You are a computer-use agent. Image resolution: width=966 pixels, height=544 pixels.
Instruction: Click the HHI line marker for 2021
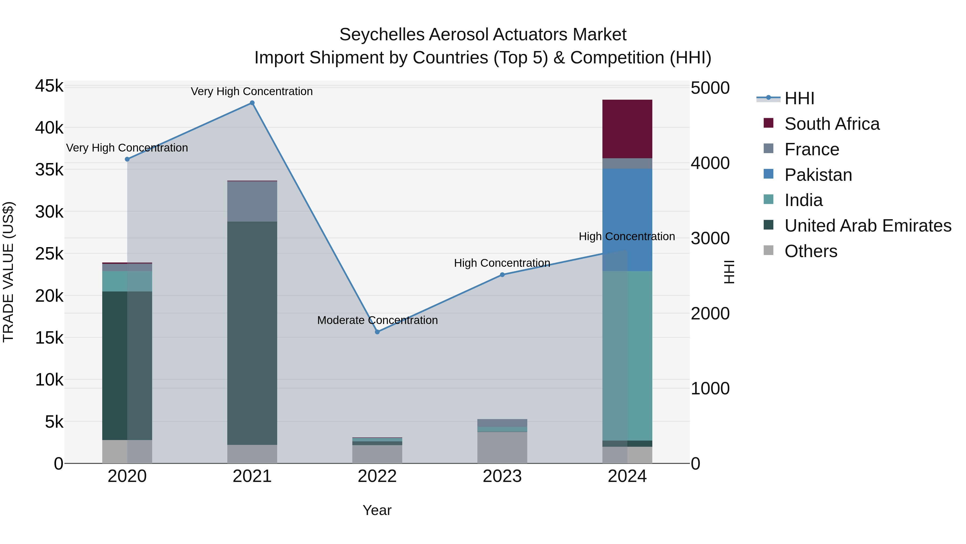tap(252, 103)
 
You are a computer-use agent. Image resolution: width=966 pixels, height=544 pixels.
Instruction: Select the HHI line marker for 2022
tap(377, 332)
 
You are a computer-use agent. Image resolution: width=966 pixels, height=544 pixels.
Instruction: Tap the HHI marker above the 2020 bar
tap(127, 159)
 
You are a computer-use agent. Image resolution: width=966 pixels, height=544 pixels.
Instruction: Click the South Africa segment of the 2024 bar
tap(627, 129)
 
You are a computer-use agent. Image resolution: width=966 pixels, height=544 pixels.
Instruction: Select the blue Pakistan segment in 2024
tap(627, 220)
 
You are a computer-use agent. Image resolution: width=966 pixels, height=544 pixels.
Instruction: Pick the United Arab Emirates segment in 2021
tap(252, 333)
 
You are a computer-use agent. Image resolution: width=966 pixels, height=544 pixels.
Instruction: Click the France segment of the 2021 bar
tap(252, 201)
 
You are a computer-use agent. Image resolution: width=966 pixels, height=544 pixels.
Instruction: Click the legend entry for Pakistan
tap(818, 175)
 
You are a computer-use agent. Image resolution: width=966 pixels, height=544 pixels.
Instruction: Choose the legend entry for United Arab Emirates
tap(867, 226)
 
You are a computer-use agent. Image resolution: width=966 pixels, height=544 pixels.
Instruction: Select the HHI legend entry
tap(799, 98)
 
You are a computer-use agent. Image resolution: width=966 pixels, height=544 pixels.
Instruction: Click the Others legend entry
tap(810, 251)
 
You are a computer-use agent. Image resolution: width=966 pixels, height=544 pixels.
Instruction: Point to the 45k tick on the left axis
tap(49, 86)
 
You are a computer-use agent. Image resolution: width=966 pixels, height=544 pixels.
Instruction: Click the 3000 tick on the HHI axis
tap(710, 238)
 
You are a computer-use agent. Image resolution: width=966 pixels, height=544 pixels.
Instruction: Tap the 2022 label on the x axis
tap(377, 476)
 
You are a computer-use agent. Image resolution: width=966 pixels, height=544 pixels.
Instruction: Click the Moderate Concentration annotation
tap(377, 320)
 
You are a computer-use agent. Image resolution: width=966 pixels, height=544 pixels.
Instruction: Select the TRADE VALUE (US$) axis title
tap(8, 272)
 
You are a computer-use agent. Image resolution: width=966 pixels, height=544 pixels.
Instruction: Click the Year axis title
tap(377, 510)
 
